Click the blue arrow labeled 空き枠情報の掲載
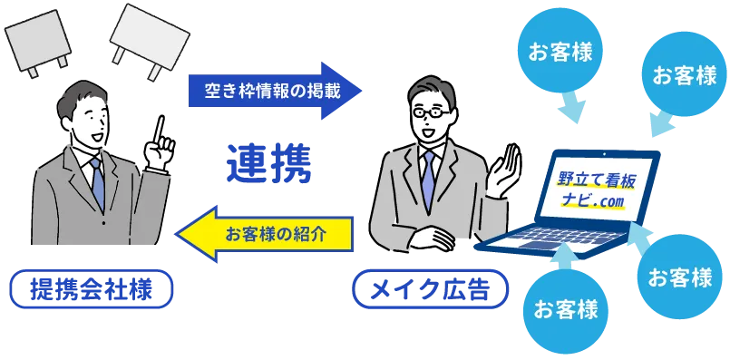click(x=272, y=91)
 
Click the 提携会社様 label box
click(x=89, y=290)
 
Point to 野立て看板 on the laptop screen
click(x=598, y=179)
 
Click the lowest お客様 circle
click(x=566, y=309)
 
